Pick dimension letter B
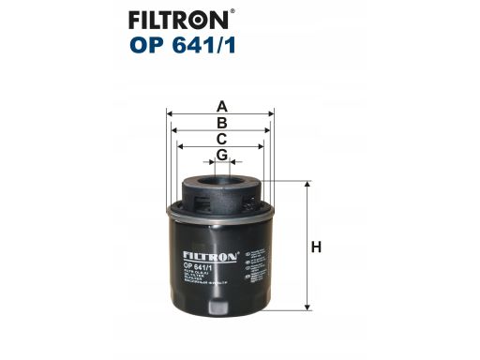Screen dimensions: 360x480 point(222,122)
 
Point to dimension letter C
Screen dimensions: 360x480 point(222,139)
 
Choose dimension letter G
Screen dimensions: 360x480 point(222,155)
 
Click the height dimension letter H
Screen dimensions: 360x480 point(317,247)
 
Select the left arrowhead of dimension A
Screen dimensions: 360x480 point(171,113)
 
